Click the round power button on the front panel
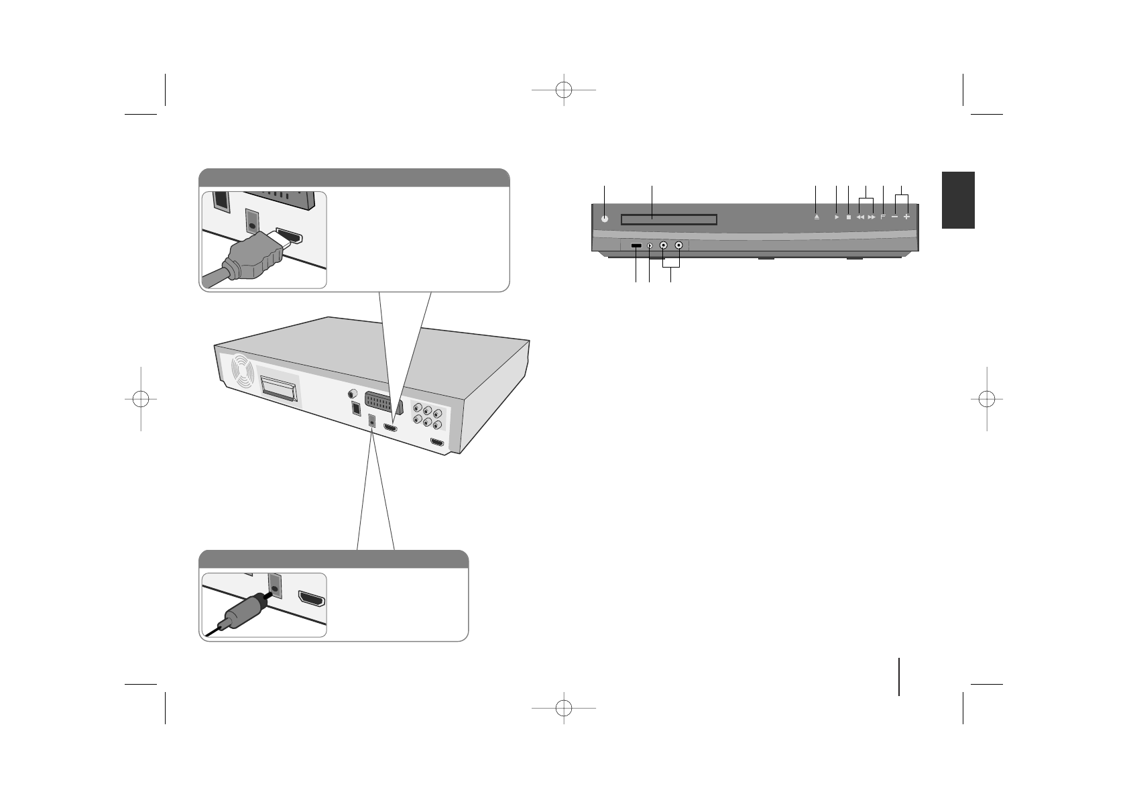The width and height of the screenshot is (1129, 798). pos(605,218)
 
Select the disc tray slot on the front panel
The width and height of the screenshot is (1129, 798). pos(669,219)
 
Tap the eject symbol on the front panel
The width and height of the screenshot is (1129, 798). pos(816,217)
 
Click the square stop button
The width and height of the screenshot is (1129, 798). pos(848,217)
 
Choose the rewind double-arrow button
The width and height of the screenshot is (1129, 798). pos(860,217)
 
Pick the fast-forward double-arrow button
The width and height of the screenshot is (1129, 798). pos(872,217)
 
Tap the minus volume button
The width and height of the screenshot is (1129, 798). pos(895,217)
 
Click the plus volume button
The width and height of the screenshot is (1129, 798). pos(906,217)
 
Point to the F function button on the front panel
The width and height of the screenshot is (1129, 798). pos(883,217)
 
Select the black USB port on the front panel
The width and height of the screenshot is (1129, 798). pos(636,246)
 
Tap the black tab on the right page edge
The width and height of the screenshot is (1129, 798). pos(957,199)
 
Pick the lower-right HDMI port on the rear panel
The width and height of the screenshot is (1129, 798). pos(437,443)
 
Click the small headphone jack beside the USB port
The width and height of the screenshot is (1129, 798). pos(650,246)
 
